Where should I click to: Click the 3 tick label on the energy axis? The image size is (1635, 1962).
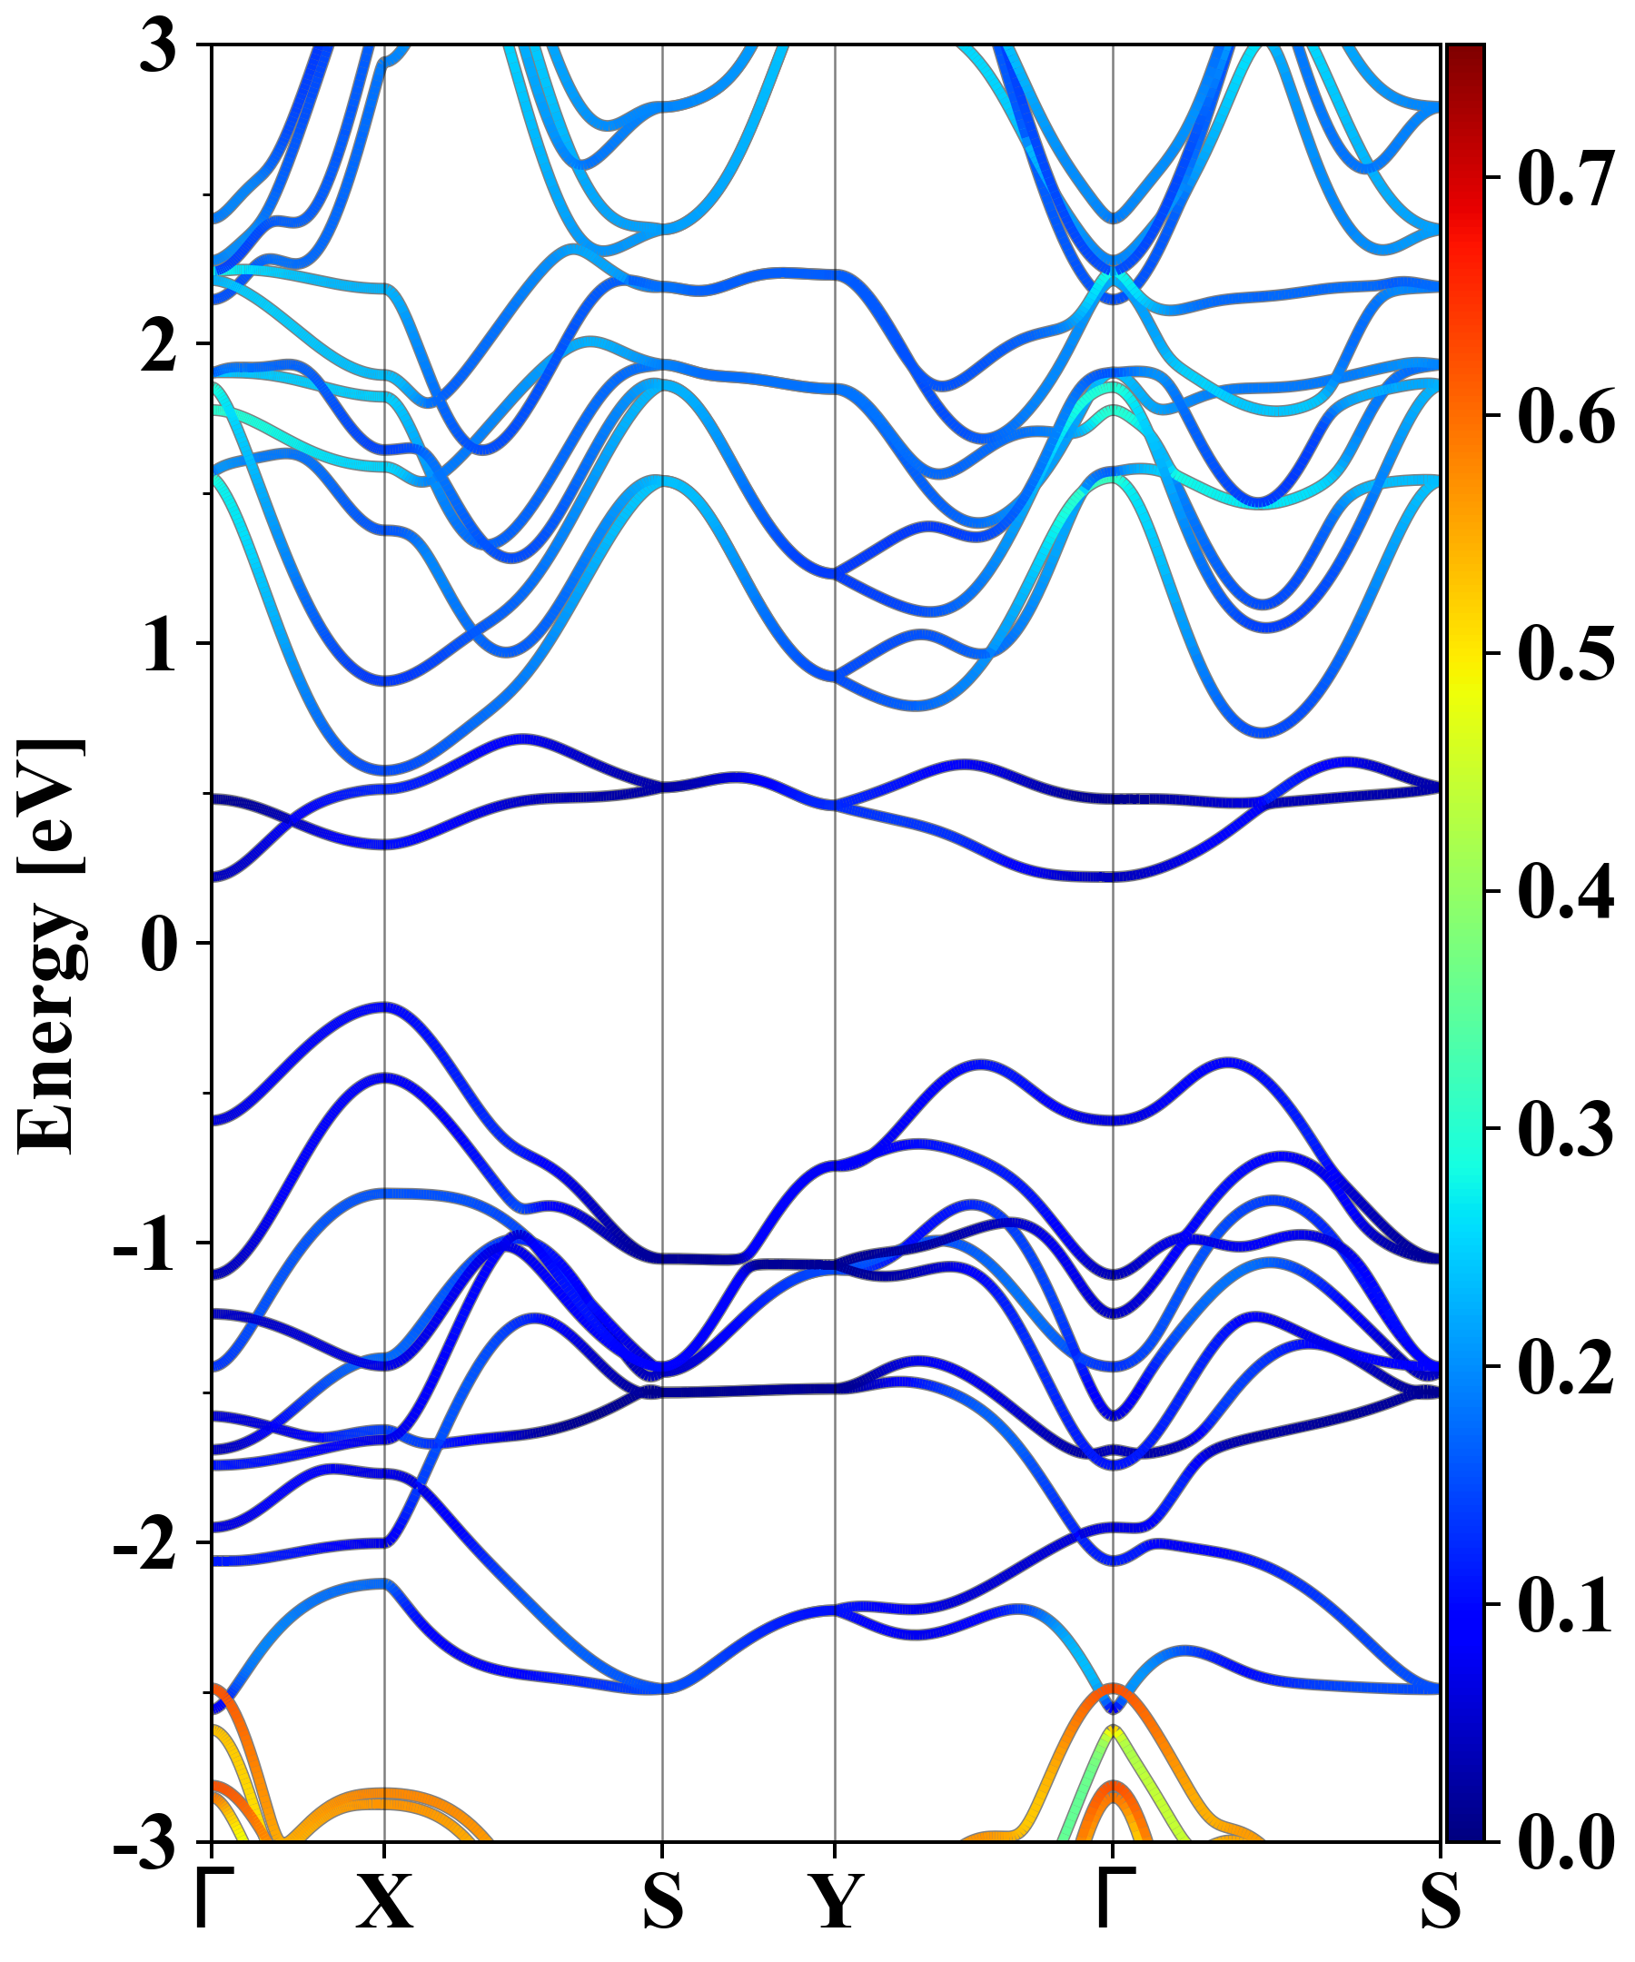pyautogui.click(x=159, y=46)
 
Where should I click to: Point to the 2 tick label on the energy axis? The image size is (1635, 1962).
pyautogui.click(x=159, y=345)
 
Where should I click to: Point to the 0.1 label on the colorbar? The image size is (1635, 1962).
pyautogui.click(x=1566, y=1603)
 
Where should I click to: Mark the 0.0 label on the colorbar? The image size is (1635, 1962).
pyautogui.click(x=1566, y=1842)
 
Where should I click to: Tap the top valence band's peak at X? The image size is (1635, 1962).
pyautogui.click(x=384, y=1007)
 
